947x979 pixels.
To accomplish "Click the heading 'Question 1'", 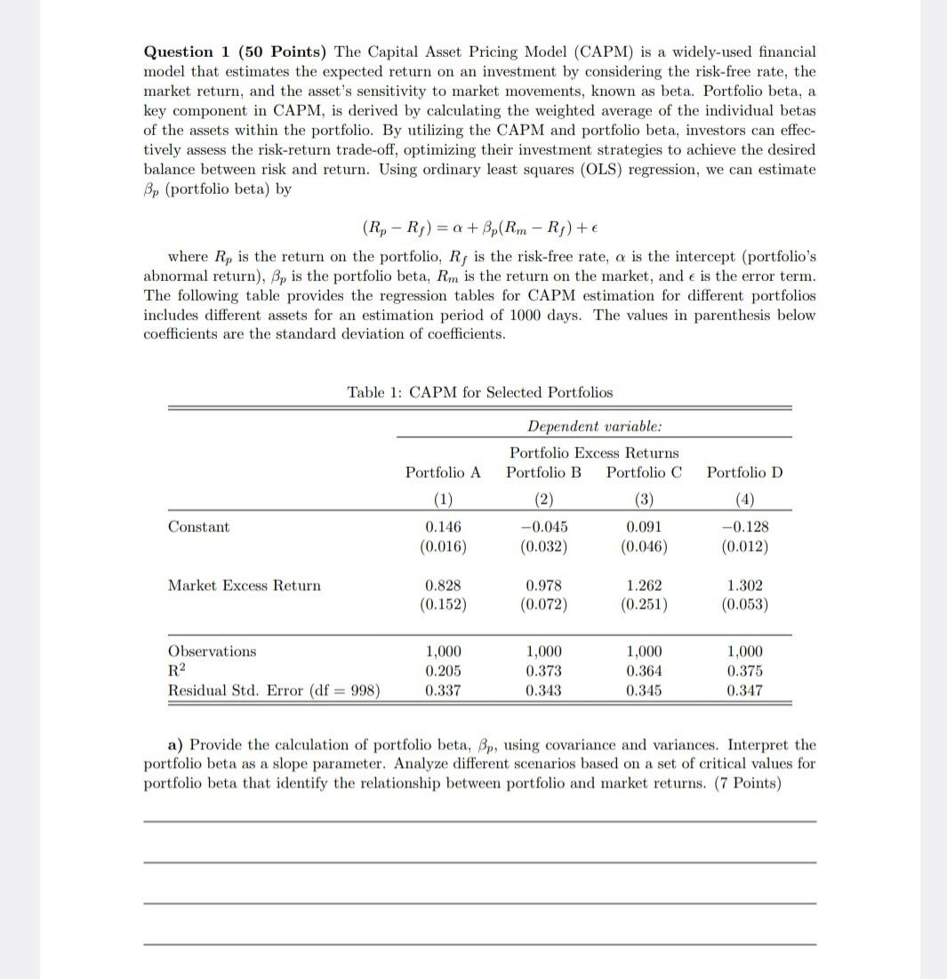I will [x=179, y=52].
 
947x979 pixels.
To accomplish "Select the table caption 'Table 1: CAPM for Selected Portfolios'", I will [x=479, y=392].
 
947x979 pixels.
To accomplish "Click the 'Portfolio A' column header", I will [x=443, y=472].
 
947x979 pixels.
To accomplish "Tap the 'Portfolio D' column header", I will [x=744, y=472].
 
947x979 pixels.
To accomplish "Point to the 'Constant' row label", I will [x=198, y=527].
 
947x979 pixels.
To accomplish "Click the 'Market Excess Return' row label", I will [x=245, y=585].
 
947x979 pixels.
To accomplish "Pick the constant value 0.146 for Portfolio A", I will [x=443, y=527].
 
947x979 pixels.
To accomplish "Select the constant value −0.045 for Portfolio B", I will [x=543, y=527].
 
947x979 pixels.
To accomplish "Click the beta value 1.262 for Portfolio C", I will [x=644, y=586].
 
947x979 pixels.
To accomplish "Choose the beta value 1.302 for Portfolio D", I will [x=744, y=586].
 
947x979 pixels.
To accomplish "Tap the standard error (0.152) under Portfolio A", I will [x=443, y=606].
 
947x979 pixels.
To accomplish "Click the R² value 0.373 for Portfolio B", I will [x=543, y=671].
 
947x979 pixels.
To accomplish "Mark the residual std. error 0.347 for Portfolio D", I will [x=744, y=691].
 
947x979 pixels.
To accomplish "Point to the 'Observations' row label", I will [x=212, y=652].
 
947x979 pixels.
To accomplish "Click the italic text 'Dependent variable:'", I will [x=594, y=427].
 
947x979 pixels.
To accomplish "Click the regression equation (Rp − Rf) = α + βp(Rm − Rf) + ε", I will [x=479, y=228].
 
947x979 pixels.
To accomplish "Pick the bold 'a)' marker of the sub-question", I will [x=176, y=745].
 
